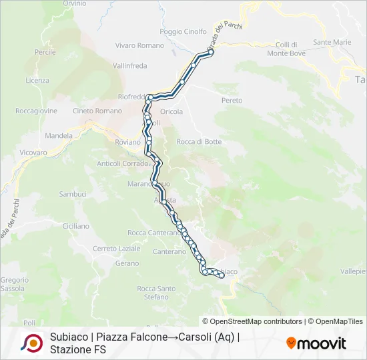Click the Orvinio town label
point(74,4)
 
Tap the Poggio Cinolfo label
point(183,31)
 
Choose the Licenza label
point(37,81)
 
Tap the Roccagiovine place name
point(36,111)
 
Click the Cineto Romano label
point(97,111)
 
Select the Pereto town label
point(232,100)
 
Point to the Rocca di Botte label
point(199,141)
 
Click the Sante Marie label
point(332,42)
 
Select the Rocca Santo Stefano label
point(156,293)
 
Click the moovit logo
point(316,343)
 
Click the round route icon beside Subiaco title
point(31,343)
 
